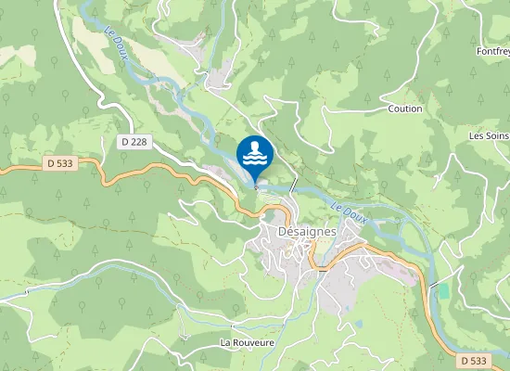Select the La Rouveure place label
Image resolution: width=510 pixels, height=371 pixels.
(x=248, y=342)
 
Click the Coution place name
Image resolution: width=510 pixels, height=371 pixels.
(x=405, y=109)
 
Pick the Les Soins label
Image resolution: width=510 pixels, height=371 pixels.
(x=489, y=135)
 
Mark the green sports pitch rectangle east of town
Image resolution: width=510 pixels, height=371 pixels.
(x=442, y=290)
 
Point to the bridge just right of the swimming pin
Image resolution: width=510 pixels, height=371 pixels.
(x=293, y=184)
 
